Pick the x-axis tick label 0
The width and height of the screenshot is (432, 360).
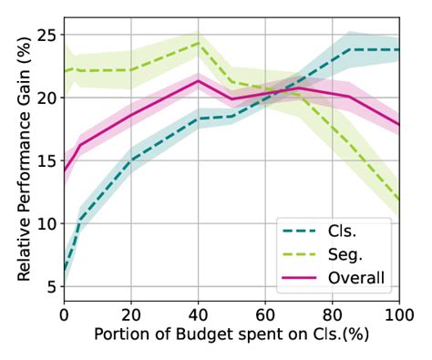click(x=64, y=314)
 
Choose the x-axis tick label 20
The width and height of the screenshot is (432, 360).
click(x=131, y=314)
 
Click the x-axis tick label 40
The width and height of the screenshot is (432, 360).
click(x=199, y=314)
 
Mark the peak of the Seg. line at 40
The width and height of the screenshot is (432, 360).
click(x=199, y=43)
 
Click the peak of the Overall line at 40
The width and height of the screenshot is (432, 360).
click(x=199, y=81)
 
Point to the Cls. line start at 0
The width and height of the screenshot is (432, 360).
click(x=65, y=273)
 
